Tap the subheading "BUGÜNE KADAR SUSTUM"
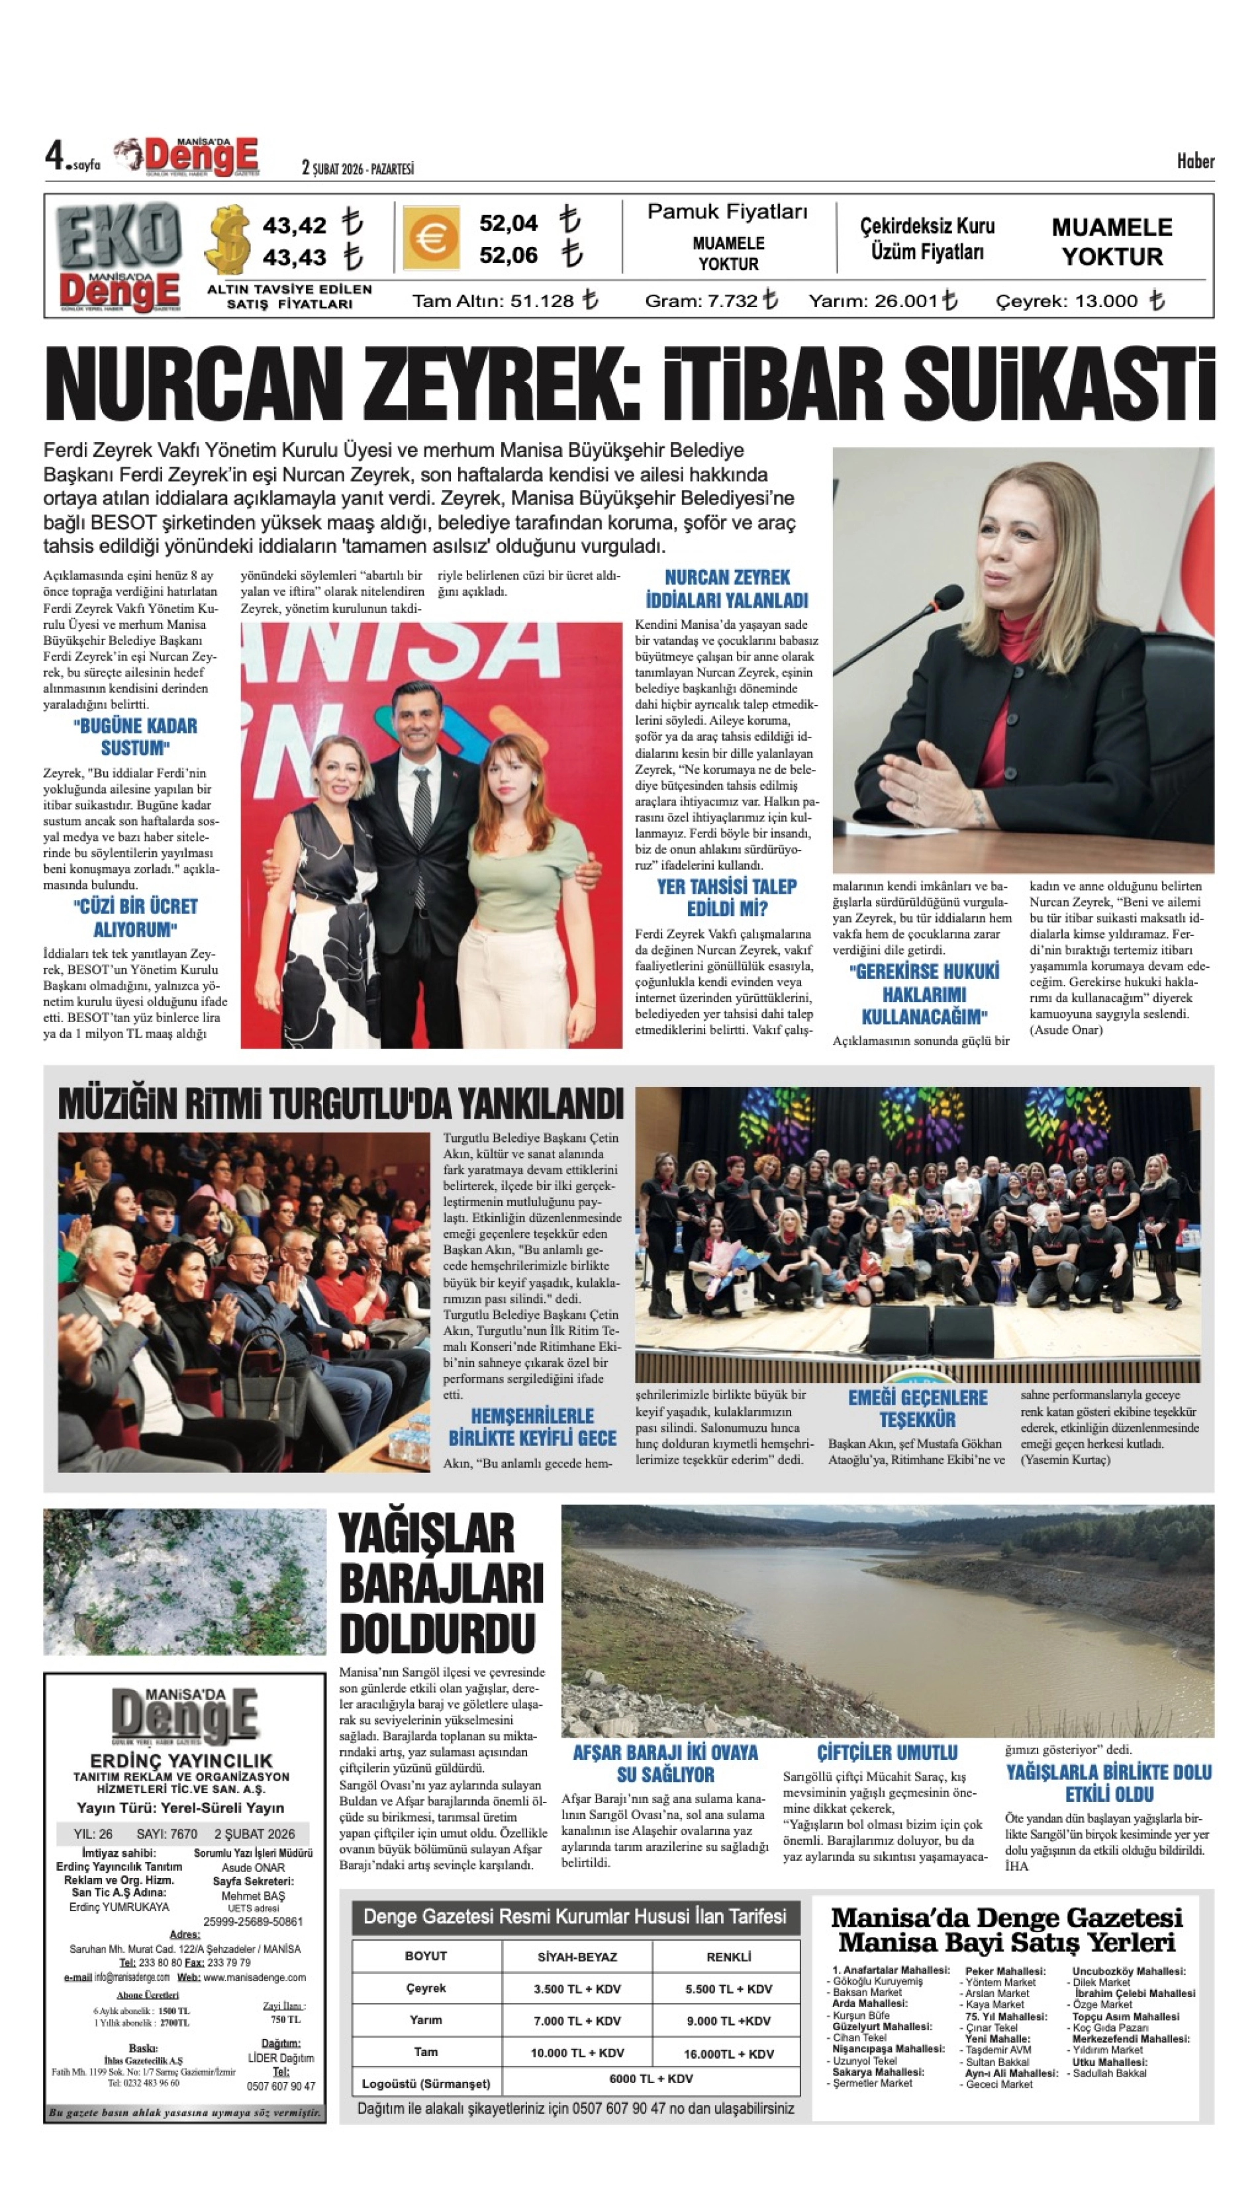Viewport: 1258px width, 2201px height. click(135, 736)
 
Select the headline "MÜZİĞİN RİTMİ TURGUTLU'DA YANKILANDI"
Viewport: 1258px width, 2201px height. click(340, 1104)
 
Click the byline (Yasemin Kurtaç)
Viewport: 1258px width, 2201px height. click(1065, 1459)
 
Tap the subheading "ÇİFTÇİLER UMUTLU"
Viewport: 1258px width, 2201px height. click(887, 1752)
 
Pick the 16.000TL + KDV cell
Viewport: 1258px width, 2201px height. click(728, 2053)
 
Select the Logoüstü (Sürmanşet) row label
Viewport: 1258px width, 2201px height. click(426, 2084)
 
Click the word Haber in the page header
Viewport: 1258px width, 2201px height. click(1195, 161)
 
